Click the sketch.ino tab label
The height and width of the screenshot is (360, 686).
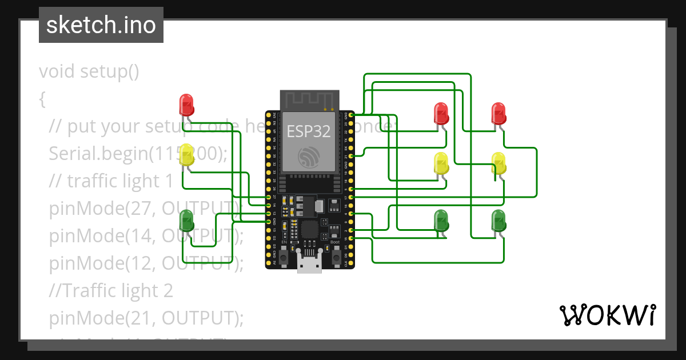click(101, 25)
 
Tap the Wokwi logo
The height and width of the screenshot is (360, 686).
click(607, 315)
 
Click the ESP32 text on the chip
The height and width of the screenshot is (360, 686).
click(308, 131)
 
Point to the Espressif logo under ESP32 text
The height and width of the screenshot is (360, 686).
click(309, 155)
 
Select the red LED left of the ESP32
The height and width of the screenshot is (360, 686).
click(187, 105)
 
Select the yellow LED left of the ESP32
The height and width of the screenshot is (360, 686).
click(187, 155)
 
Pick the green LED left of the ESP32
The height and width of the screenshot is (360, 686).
click(187, 221)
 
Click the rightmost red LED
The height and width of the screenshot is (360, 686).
click(498, 114)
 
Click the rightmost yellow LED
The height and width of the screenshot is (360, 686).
click(498, 163)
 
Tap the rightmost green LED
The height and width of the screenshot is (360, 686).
click(498, 221)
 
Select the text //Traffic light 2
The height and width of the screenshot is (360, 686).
click(111, 291)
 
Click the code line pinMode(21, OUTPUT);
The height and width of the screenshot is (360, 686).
click(146, 318)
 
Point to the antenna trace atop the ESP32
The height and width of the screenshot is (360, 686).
click(308, 99)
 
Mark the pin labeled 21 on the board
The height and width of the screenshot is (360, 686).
click(350, 155)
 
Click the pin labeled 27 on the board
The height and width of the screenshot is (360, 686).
click(268, 197)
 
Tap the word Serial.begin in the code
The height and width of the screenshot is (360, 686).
click(97, 154)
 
